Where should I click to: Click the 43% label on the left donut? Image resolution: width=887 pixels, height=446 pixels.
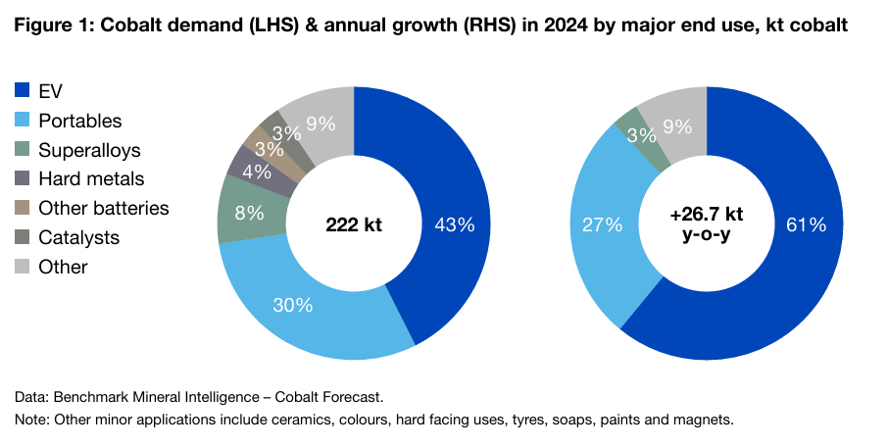click(x=455, y=225)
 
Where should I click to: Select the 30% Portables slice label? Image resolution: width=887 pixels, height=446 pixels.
click(x=292, y=305)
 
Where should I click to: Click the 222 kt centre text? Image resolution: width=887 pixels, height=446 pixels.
click(x=354, y=225)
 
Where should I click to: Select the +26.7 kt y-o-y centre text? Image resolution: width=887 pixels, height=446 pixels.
click(x=706, y=225)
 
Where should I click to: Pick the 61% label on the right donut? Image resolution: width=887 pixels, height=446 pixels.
click(x=806, y=225)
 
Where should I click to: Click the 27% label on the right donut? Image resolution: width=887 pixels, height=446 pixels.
click(x=603, y=224)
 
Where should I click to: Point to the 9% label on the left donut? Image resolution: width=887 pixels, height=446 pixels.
click(x=320, y=124)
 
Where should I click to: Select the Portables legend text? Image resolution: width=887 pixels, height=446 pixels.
click(x=79, y=122)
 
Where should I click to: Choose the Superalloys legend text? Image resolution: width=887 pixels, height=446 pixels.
click(x=89, y=150)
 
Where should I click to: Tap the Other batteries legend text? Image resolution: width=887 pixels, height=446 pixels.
click(x=103, y=208)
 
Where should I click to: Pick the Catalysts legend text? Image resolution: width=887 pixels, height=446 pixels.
click(x=79, y=237)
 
